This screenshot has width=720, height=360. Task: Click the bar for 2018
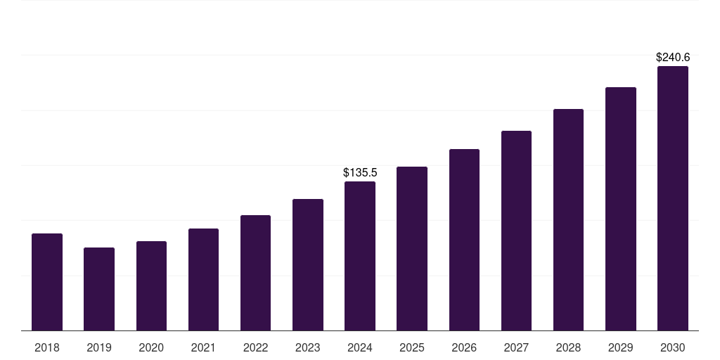(47, 282)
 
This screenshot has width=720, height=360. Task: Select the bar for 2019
(99, 289)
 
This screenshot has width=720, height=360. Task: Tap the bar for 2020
(151, 285)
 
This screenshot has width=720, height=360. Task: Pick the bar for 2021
(203, 279)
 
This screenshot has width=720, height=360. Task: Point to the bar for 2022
(255, 273)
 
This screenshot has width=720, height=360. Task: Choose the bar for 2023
(308, 264)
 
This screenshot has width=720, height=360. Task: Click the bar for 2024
(360, 256)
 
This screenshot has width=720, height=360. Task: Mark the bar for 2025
(412, 248)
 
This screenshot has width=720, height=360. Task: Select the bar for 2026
(464, 240)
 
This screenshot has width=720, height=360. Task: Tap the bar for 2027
(516, 231)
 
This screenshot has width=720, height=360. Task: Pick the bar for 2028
(568, 219)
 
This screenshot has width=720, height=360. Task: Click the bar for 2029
(621, 209)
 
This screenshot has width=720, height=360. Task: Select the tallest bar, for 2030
(673, 198)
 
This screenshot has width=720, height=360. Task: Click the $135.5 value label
(360, 172)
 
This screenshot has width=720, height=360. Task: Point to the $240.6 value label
(673, 58)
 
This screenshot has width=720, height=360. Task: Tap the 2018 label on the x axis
(47, 348)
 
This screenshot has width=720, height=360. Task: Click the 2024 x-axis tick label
(360, 348)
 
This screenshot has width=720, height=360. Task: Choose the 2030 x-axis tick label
(673, 348)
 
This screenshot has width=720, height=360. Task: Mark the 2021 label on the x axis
(203, 348)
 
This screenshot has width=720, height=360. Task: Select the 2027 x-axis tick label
(516, 348)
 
